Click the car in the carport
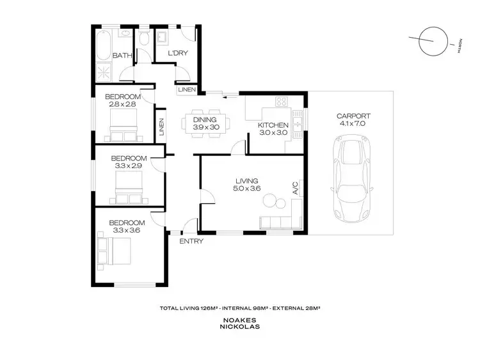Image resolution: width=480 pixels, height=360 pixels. point(351,179)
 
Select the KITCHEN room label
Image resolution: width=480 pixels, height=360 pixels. point(273,125)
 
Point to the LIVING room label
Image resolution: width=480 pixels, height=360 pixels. point(247,181)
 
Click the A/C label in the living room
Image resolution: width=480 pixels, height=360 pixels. point(296,187)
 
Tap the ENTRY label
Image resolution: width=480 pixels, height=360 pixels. point(191,241)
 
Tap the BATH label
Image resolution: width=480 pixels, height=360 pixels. point(122,56)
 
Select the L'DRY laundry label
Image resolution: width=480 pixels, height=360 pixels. point(177,54)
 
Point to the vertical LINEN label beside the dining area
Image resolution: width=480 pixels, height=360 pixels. point(163,127)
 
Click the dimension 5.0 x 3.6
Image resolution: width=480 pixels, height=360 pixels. point(247,189)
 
